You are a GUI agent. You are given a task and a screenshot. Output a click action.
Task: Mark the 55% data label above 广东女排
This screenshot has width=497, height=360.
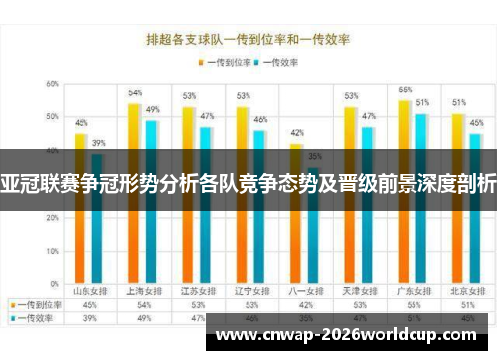coord(405,90)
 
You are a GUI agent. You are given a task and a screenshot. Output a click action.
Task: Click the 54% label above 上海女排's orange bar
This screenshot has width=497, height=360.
coord(135,93)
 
